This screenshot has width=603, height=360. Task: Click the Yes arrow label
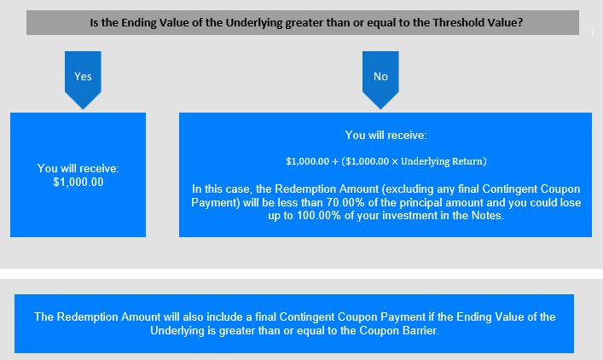pos(83,77)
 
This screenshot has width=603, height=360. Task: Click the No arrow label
pos(380,77)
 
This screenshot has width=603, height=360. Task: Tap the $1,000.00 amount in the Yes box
pos(78,182)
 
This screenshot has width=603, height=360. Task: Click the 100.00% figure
pos(319,215)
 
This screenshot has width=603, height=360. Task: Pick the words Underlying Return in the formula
pos(442,161)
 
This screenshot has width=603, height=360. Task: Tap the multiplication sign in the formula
pos(395,161)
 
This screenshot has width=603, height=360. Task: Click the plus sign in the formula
pos(335,161)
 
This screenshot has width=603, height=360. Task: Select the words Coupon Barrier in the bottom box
pos(398,330)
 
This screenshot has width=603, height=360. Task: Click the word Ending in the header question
pos(136,23)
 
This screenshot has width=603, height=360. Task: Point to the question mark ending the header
pos(520,23)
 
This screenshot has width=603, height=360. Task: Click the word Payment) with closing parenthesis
pos(216,202)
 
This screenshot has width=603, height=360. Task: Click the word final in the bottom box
pos(266,317)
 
